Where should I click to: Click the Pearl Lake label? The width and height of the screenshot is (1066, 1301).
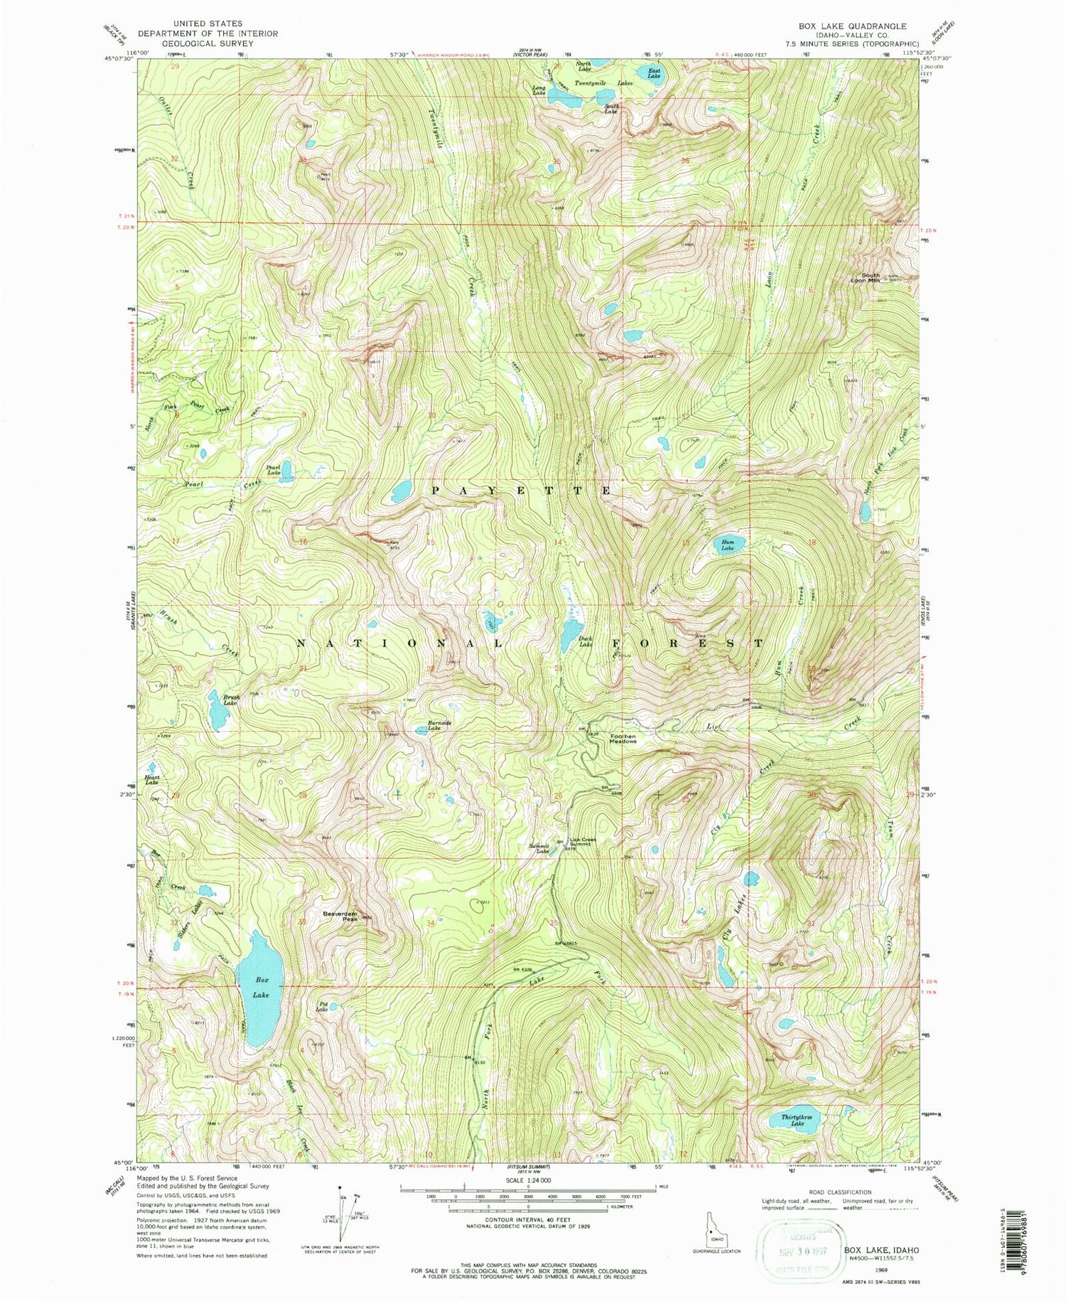coord(273,470)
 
